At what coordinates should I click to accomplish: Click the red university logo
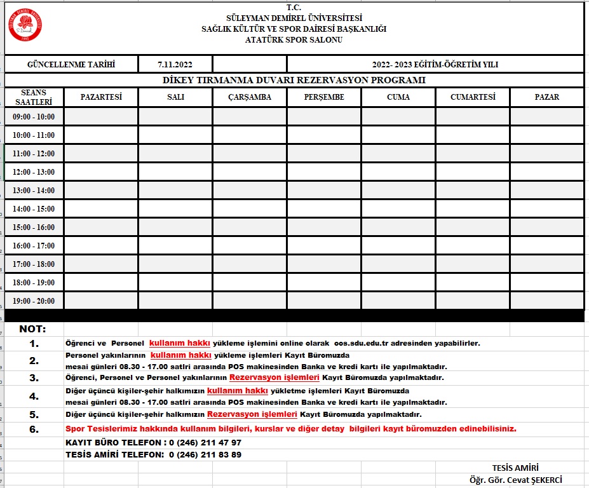26,26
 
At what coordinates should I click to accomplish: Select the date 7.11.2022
175,64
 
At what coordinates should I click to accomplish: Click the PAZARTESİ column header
101,97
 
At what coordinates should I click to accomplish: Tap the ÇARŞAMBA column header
250,97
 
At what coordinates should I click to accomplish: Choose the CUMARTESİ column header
472,97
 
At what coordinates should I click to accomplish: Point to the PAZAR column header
546,97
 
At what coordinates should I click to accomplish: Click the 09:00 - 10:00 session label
34,117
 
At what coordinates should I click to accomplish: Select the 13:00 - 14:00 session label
34,191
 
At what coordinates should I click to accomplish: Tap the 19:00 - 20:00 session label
34,301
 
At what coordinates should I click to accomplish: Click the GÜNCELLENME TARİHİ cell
71,64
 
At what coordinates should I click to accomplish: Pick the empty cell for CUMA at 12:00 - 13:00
398,172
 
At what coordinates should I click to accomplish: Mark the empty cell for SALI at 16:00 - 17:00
175,246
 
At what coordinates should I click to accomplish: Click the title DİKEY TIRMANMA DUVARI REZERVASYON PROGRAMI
294,80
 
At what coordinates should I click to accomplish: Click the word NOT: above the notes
33,329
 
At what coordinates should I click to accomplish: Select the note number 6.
34,429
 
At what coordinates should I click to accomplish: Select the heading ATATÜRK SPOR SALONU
294,39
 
